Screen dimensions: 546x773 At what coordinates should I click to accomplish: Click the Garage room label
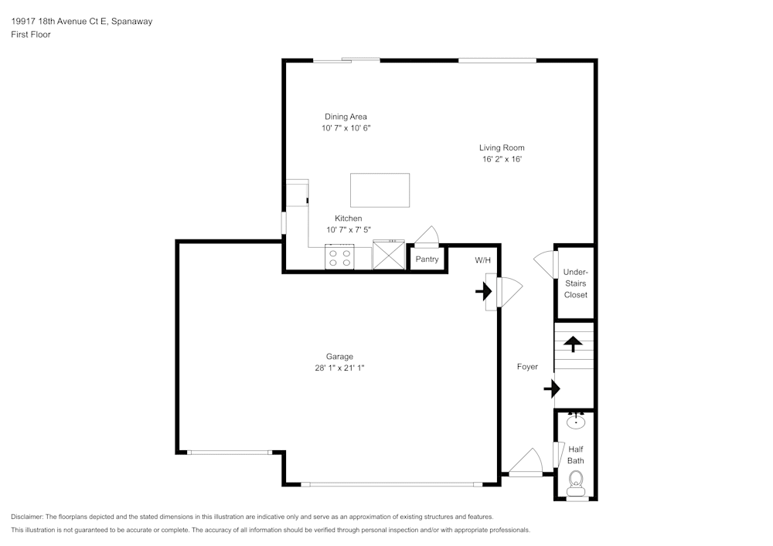pyautogui.click(x=339, y=356)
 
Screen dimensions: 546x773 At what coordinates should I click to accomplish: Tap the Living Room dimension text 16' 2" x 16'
pyautogui.click(x=502, y=159)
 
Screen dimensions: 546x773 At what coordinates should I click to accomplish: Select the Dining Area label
pyautogui.click(x=346, y=117)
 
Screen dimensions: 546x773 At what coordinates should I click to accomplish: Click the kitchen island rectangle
pyautogui.click(x=380, y=190)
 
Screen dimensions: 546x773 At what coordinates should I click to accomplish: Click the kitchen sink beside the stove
pyautogui.click(x=388, y=256)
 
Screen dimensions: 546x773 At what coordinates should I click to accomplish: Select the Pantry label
pyautogui.click(x=427, y=259)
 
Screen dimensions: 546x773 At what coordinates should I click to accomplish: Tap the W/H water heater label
pyautogui.click(x=483, y=260)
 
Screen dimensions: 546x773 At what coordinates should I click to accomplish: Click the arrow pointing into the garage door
pyautogui.click(x=483, y=292)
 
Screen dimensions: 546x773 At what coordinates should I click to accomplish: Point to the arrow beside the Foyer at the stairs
pyautogui.click(x=551, y=388)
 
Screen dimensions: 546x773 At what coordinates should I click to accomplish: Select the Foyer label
pyautogui.click(x=527, y=367)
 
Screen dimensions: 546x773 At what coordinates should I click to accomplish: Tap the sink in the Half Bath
pyautogui.click(x=576, y=422)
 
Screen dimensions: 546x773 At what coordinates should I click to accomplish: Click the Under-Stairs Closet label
pyautogui.click(x=575, y=283)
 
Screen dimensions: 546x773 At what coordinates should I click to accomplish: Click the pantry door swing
pyautogui.click(x=427, y=236)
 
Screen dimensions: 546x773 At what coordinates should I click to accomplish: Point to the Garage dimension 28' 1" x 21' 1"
pyautogui.click(x=339, y=368)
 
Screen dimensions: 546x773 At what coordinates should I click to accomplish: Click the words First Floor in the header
pyautogui.click(x=31, y=35)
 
